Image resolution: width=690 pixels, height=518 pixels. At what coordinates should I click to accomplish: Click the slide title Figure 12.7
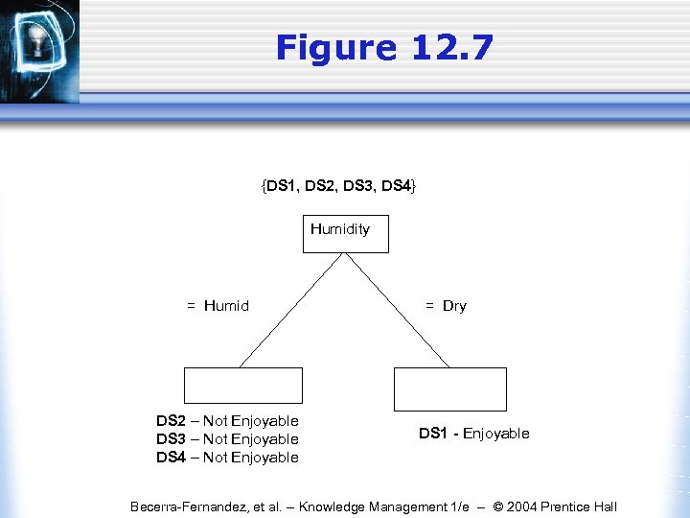384,47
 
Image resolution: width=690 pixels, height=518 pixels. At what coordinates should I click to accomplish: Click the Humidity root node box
345,233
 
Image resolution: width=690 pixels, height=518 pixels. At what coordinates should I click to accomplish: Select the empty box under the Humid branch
242,385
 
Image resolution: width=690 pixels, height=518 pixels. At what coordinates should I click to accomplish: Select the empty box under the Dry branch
449,388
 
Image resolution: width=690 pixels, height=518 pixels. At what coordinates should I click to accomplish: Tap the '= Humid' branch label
218,306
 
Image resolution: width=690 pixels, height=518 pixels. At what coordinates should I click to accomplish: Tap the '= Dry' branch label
446,306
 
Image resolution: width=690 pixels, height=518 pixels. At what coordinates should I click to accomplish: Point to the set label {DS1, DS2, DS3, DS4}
338,184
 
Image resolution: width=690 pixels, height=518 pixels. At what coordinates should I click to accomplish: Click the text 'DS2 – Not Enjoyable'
227,421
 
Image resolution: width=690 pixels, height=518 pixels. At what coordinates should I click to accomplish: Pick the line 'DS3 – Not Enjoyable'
227,439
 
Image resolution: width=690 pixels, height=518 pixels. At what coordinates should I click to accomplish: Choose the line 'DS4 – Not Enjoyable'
227,458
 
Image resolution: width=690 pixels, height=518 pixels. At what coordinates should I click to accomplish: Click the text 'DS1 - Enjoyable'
473,434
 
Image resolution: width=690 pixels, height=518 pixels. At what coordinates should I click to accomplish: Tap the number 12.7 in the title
449,47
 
